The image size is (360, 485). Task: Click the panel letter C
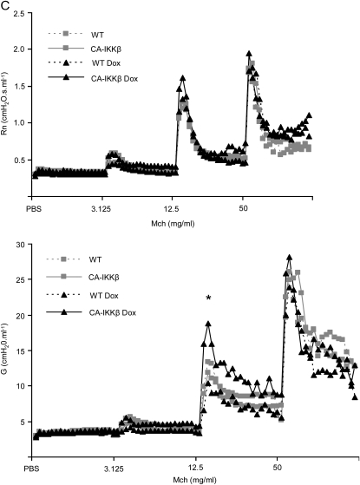click(x=6, y=6)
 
